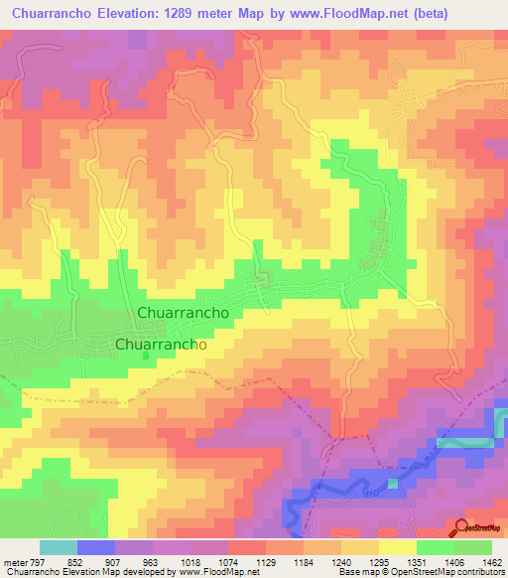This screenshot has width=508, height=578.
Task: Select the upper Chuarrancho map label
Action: tap(184, 312)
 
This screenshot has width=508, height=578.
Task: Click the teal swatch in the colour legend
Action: tap(59, 547)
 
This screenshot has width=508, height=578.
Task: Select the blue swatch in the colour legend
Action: tap(96, 547)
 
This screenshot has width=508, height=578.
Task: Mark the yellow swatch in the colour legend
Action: tap(398, 547)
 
